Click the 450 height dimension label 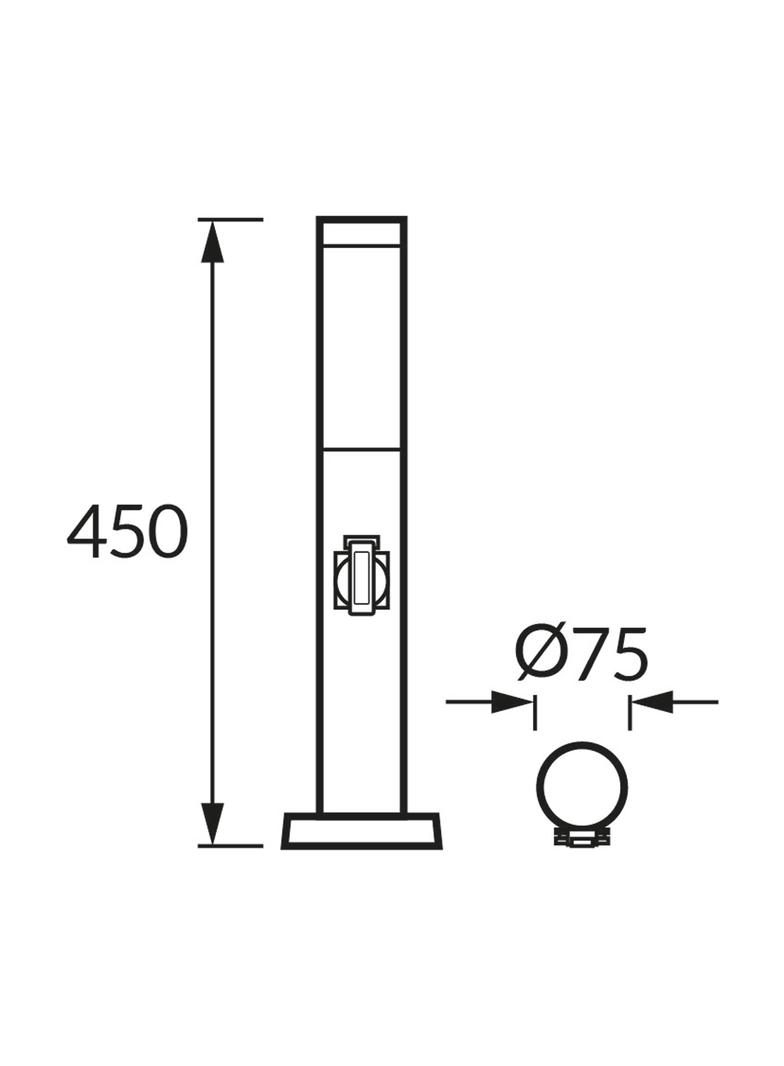pos(127,532)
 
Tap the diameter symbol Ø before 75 pos(541,656)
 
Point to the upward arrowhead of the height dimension pos(211,240)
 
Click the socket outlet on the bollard pos(361,574)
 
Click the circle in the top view pos(582,786)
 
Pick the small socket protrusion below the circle pos(582,840)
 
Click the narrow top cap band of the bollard pos(361,231)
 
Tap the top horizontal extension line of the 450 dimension pos(230,219)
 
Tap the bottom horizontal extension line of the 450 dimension pos(230,845)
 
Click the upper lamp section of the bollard pos(361,345)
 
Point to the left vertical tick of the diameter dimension pos(536,712)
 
